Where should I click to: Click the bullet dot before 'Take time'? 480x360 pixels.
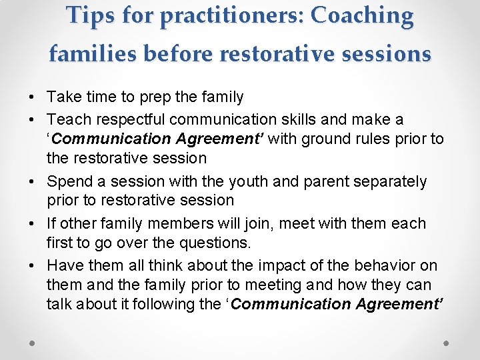(32, 97)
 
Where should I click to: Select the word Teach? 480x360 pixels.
(66, 119)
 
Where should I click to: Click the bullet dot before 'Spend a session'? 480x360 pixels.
(32, 181)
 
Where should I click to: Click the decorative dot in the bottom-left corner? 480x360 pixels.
(33, 342)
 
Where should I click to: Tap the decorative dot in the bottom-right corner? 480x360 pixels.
(447, 342)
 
